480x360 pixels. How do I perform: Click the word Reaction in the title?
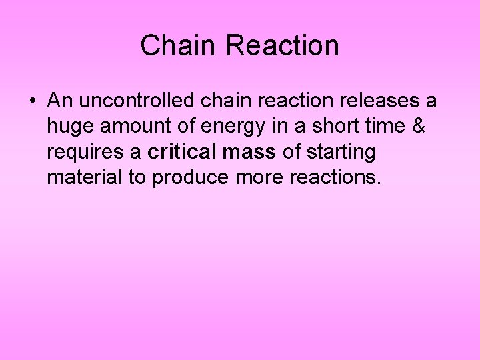282,46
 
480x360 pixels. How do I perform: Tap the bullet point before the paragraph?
32,102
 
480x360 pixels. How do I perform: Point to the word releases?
374,101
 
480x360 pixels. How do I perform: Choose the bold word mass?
249,153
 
